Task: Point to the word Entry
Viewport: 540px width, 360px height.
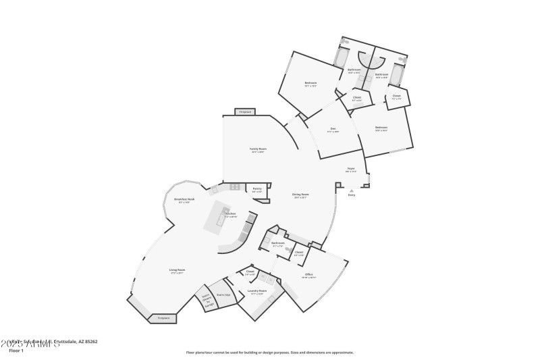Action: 352,195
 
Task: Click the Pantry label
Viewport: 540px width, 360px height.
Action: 257,188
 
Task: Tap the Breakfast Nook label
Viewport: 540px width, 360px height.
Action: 184,199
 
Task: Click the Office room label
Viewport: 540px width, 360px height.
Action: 308,274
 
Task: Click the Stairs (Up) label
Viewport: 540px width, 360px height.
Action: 223,295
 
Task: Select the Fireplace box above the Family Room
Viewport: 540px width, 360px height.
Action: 246,112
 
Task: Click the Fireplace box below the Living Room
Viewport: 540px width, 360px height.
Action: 163,317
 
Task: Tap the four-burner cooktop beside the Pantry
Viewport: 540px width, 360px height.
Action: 234,186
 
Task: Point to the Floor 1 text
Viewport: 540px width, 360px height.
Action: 16,351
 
